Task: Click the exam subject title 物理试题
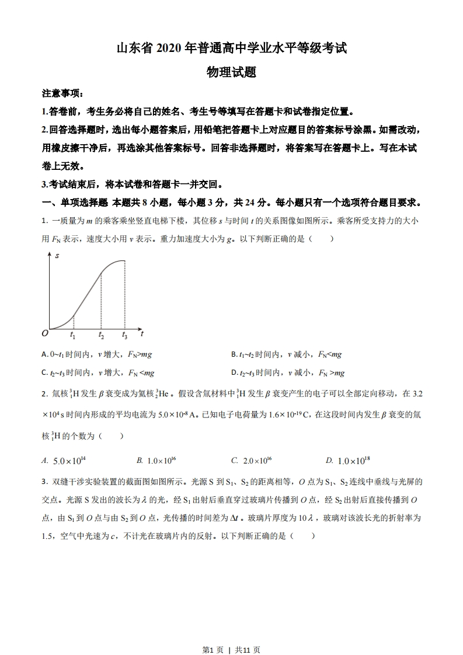(231, 72)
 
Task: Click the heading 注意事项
(62, 93)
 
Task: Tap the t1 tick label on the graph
(72, 335)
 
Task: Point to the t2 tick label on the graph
(101, 335)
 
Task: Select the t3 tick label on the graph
(124, 335)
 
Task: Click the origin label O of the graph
(45, 333)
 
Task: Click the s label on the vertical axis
(57, 255)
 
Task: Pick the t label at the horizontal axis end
(142, 333)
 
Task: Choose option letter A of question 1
(45, 354)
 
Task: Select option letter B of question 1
(234, 354)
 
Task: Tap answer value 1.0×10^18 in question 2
(353, 461)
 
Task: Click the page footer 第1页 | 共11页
(231, 633)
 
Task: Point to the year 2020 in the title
(170, 48)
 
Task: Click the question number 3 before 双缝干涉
(44, 482)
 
